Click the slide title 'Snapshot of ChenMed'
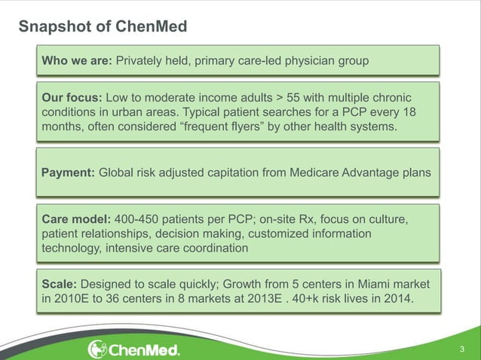[x=103, y=27]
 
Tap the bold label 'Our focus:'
[x=72, y=99]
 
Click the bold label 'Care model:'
[x=76, y=220]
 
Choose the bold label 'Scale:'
[x=59, y=285]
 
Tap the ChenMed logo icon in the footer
[x=99, y=349]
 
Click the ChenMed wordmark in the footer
[x=145, y=350]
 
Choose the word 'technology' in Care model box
[x=72, y=249]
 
